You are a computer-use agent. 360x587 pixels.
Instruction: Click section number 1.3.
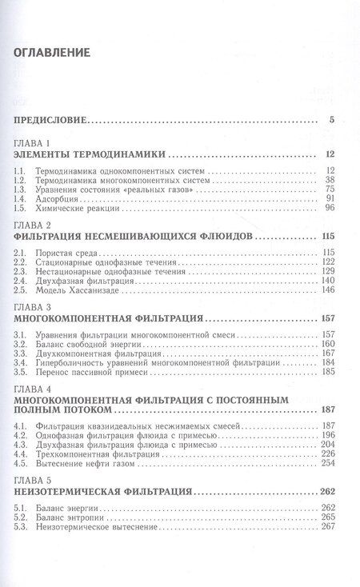tap(25, 190)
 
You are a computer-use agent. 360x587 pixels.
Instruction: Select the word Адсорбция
tap(65, 199)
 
